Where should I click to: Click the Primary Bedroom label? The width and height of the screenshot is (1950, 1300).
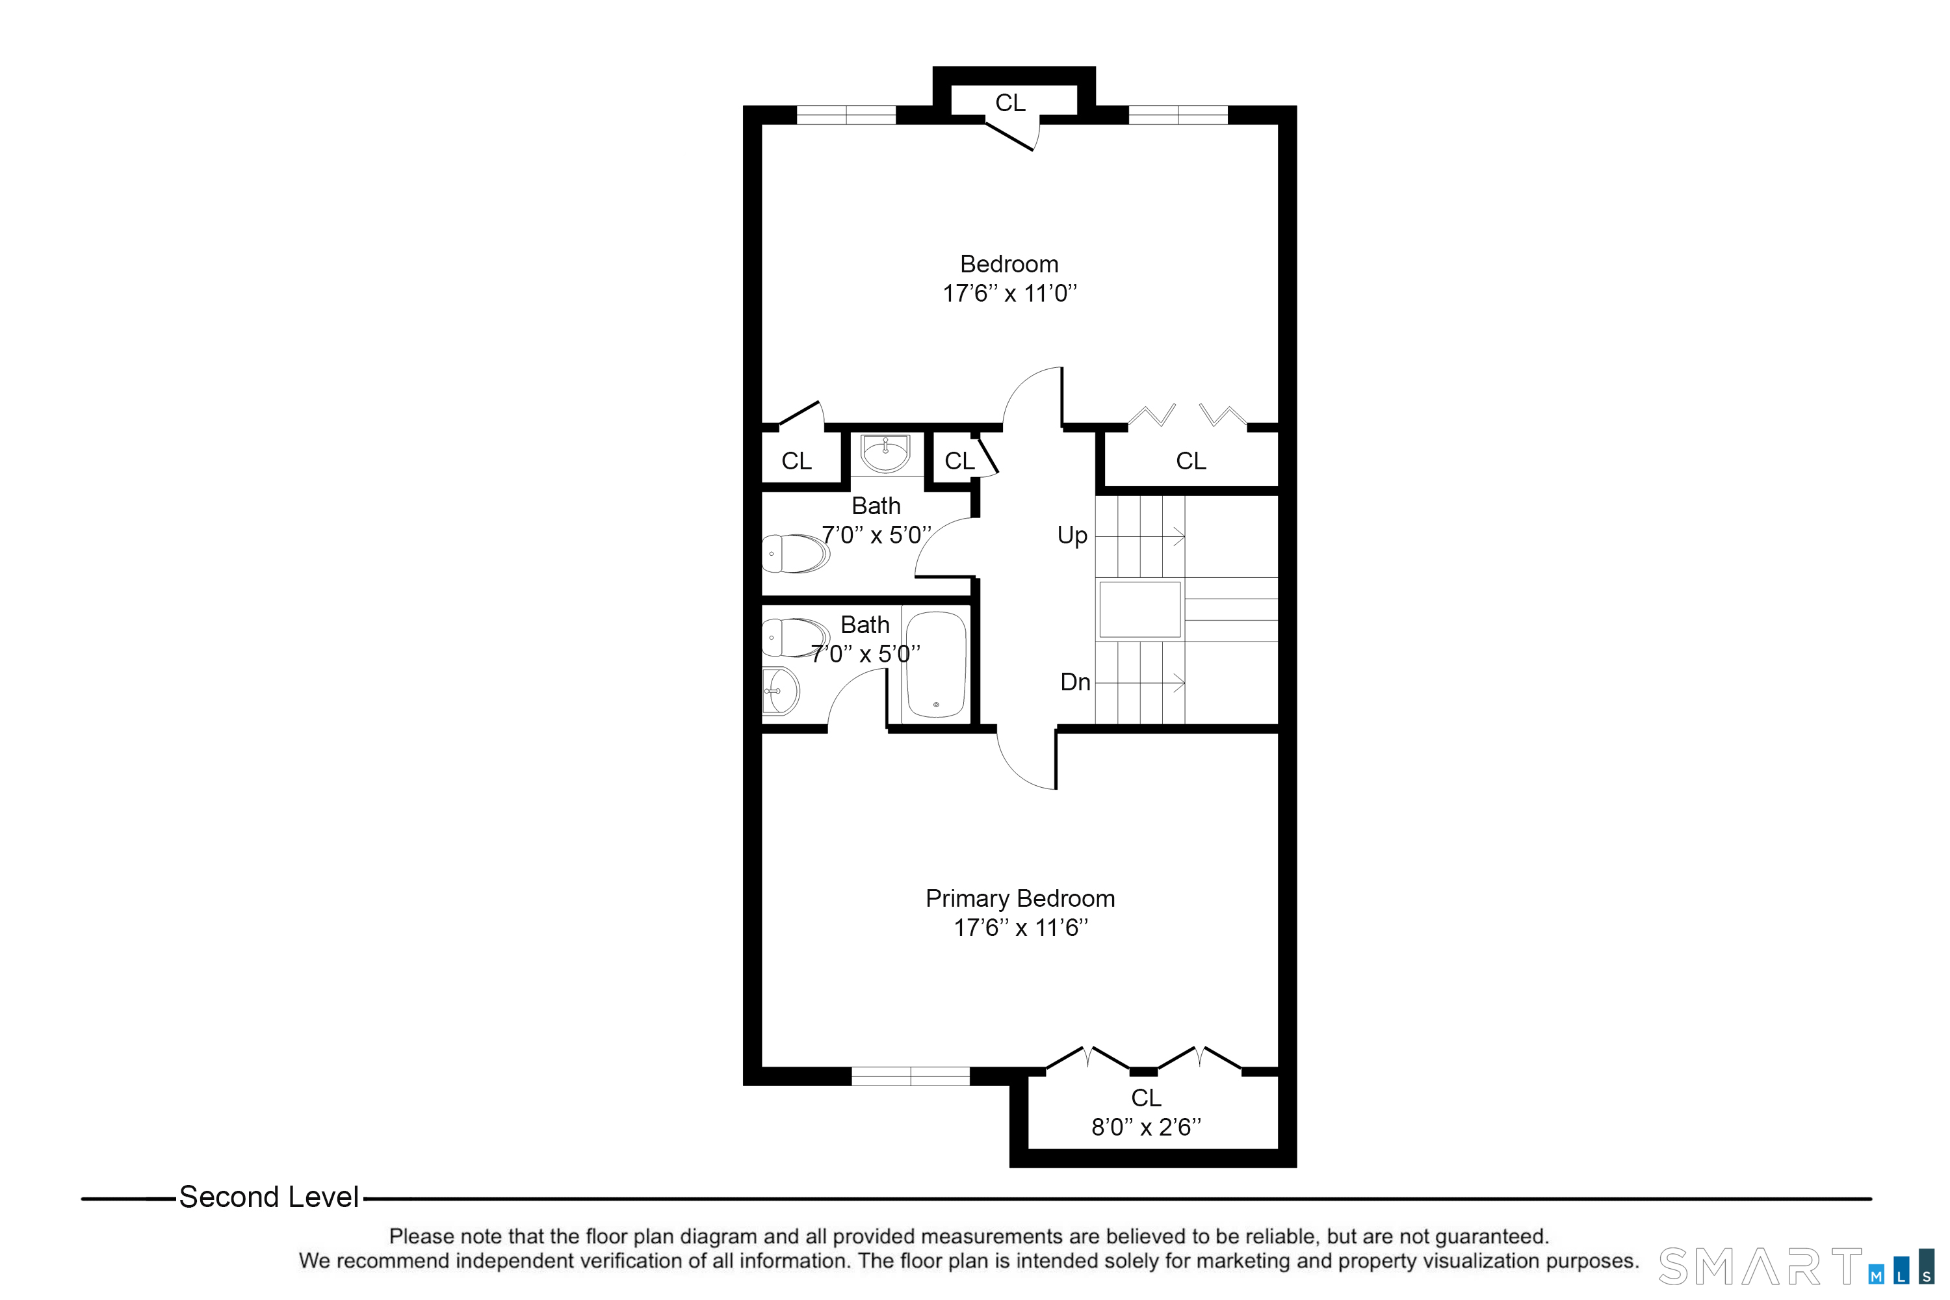coord(1020,899)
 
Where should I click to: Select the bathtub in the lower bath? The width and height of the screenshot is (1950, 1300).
coord(936,665)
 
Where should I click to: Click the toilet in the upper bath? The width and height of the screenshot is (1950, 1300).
coord(794,553)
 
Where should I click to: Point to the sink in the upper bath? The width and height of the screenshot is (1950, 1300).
coord(885,454)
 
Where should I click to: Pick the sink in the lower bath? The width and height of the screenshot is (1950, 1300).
coord(780,690)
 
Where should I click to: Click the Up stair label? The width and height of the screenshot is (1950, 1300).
coord(1072,536)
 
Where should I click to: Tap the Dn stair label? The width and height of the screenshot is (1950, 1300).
coord(1074,682)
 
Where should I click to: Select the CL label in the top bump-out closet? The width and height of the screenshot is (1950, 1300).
coord(1010,103)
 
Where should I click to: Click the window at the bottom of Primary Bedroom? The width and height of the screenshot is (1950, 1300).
coord(911,1076)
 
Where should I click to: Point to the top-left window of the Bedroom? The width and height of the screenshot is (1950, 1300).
coord(846,115)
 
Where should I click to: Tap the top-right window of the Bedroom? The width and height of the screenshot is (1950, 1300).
coord(1177,115)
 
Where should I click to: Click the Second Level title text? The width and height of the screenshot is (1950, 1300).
coord(268,1197)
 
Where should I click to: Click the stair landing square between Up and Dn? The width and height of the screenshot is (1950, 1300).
coord(1139,610)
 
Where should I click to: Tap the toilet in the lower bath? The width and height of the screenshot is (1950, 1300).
coord(794,638)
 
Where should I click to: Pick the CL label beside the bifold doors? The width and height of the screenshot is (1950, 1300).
coord(1191,461)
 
